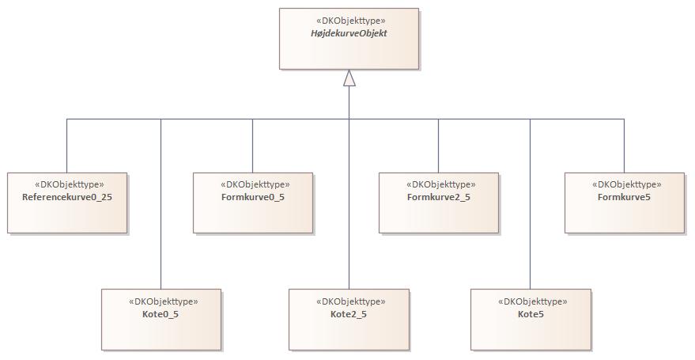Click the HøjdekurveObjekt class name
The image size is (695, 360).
click(349, 34)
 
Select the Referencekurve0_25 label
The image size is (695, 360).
click(66, 196)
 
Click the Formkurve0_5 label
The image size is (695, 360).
click(252, 196)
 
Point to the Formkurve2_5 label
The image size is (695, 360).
click(438, 196)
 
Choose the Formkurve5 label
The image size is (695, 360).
click(624, 196)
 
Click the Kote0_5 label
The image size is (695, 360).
click(161, 314)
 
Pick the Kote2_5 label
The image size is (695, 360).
click(349, 314)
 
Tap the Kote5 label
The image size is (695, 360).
click(531, 314)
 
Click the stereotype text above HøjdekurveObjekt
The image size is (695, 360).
click(349, 21)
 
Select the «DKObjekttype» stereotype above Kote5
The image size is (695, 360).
click(531, 301)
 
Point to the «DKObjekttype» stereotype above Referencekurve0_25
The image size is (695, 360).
click(66, 184)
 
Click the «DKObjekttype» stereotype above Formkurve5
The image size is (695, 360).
click(624, 184)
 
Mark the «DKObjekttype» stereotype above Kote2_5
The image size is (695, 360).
click(349, 301)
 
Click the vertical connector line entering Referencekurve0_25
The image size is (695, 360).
click(66, 146)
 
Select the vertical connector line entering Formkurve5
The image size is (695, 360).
click(624, 146)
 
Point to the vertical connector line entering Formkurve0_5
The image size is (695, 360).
click(252, 146)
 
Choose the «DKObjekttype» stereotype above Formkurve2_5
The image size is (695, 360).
click(438, 184)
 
